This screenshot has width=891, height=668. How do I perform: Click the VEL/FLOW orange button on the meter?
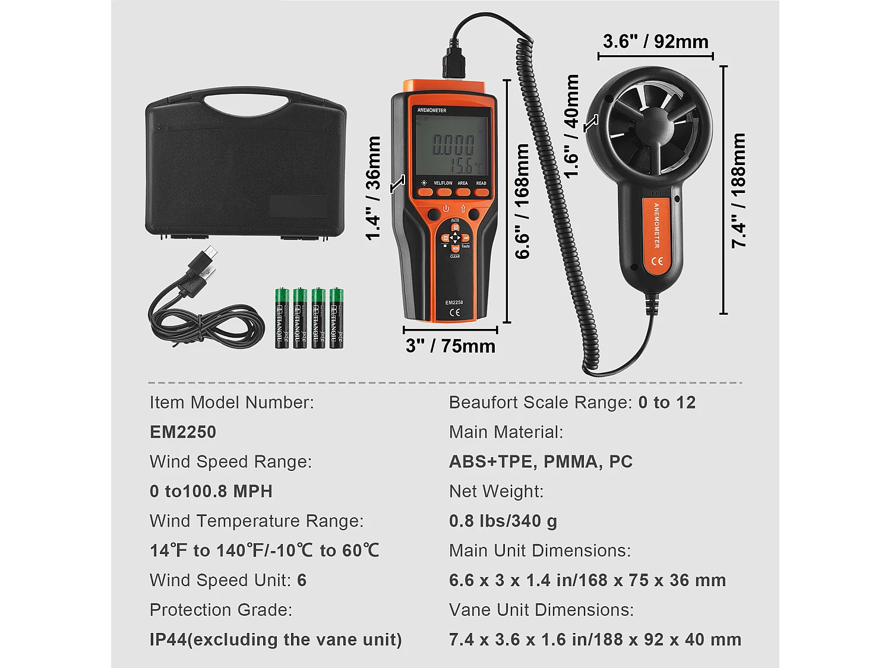pos(443,191)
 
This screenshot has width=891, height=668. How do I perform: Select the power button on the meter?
pos(446,209)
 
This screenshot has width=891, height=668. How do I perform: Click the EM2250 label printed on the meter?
pos(454,302)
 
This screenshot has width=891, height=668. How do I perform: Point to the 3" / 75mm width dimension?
pos(450,346)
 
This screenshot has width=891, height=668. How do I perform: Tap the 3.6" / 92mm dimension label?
pos(655,42)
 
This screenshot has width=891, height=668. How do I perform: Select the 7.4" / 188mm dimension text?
pos(738,190)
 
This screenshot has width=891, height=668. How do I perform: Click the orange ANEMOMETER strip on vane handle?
pos(656,235)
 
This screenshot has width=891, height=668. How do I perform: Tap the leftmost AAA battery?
pos(282,318)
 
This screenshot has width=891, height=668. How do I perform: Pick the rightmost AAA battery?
pos(336,318)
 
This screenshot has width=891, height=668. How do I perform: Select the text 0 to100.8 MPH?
pos(211,491)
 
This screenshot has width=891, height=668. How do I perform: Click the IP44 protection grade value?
pos(276,639)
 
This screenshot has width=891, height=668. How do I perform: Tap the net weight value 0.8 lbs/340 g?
pos(503,521)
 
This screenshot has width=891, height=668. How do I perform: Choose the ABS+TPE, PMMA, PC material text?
pos(541,461)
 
